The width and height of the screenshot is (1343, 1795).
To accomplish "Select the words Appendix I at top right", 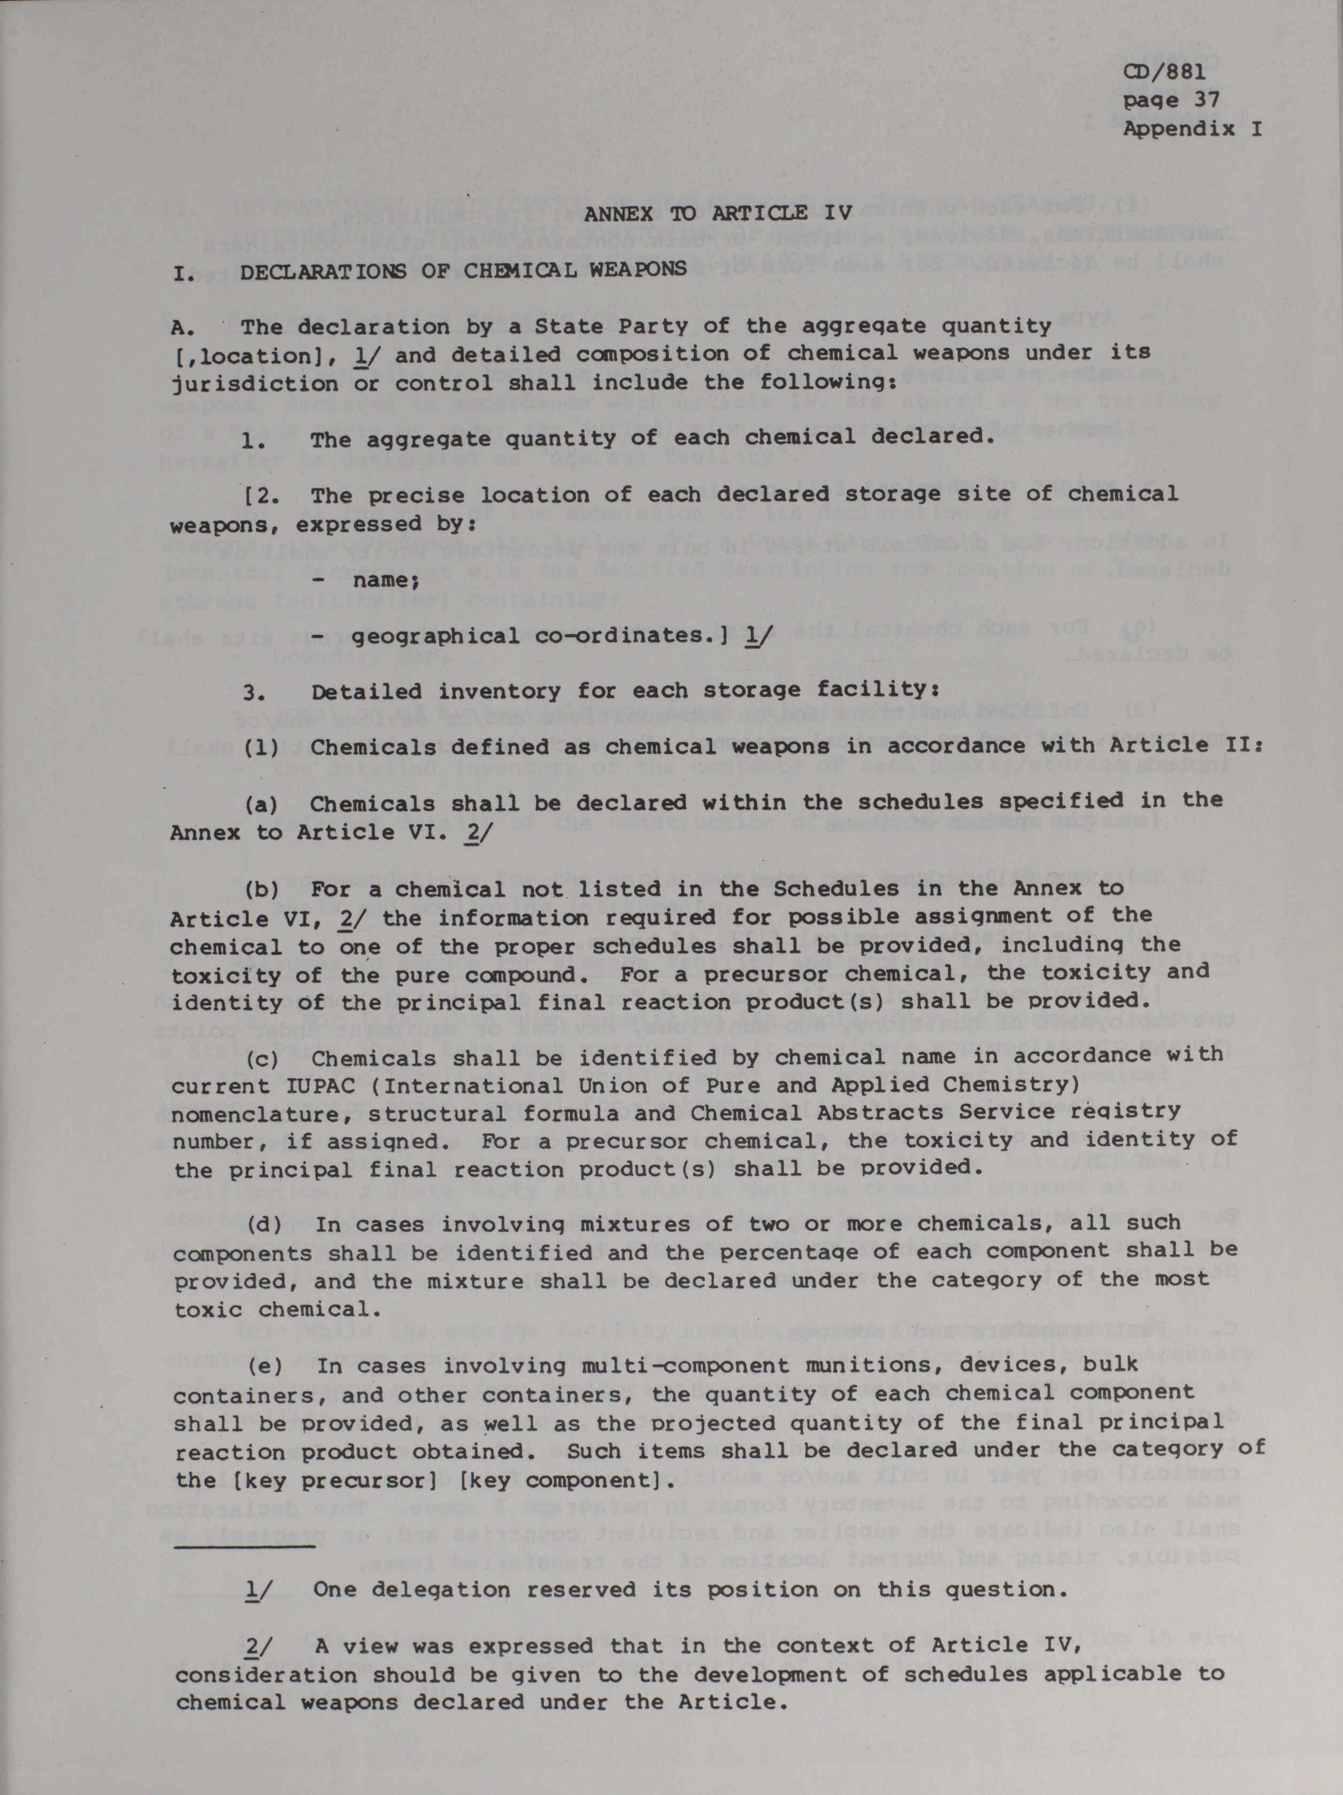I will click(1192, 129).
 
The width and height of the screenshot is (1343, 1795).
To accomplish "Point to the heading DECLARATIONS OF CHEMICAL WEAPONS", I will click(463, 270).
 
